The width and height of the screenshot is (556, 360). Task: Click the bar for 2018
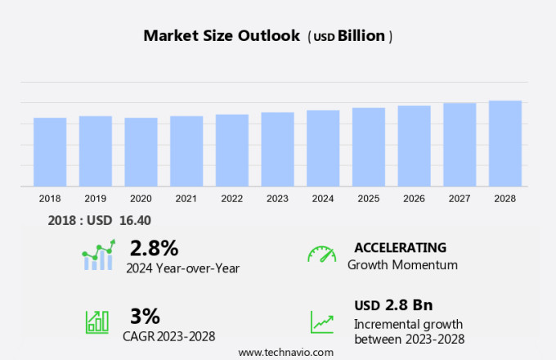(50, 152)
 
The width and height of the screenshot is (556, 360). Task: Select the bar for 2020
(141, 152)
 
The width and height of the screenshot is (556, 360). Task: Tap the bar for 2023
(278, 150)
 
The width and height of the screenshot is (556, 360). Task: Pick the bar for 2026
(415, 146)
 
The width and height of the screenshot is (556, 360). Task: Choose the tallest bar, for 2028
(505, 144)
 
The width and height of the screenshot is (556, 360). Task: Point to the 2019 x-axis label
(96, 199)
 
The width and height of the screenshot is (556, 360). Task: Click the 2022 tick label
(232, 199)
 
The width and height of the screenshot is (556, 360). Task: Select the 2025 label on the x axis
(369, 199)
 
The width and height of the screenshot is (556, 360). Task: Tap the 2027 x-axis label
(460, 199)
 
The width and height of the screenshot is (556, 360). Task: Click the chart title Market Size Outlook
(222, 36)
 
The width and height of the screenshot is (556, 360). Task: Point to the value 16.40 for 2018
(134, 220)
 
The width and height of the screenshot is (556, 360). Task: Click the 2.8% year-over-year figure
(154, 247)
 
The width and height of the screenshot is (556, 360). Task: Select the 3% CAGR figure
(145, 316)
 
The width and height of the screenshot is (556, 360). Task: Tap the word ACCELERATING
(400, 247)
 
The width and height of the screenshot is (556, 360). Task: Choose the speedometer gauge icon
(321, 254)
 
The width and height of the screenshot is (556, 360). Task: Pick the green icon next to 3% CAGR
(96, 322)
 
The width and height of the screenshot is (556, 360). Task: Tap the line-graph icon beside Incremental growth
(321, 322)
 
